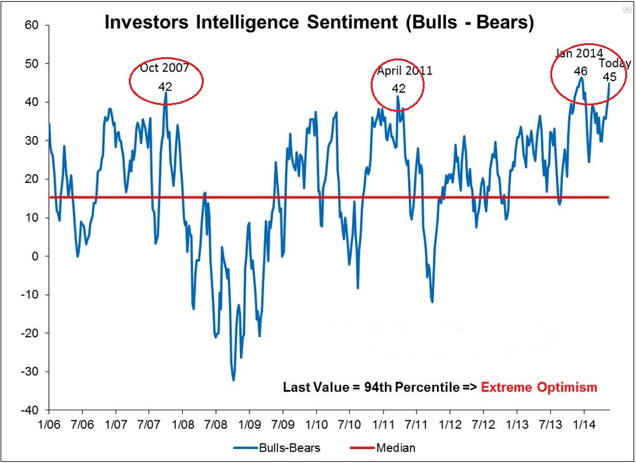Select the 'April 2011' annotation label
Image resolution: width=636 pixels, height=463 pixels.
click(x=404, y=70)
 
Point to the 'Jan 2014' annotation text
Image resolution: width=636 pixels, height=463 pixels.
click(x=579, y=53)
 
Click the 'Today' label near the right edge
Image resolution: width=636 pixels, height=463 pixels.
click(x=614, y=64)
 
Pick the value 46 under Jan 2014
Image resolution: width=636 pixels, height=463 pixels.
click(x=580, y=71)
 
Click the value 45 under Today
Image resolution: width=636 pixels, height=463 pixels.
click(x=609, y=77)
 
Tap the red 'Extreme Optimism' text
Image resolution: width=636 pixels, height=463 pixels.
click(x=539, y=387)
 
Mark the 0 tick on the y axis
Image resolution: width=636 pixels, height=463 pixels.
click(x=36, y=256)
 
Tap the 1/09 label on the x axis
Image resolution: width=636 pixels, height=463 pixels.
click(x=249, y=422)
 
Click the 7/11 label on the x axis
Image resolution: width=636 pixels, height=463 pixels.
click(x=416, y=422)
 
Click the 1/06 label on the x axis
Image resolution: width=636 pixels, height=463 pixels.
click(x=50, y=422)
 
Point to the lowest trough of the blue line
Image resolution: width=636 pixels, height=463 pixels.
click(x=233, y=380)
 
